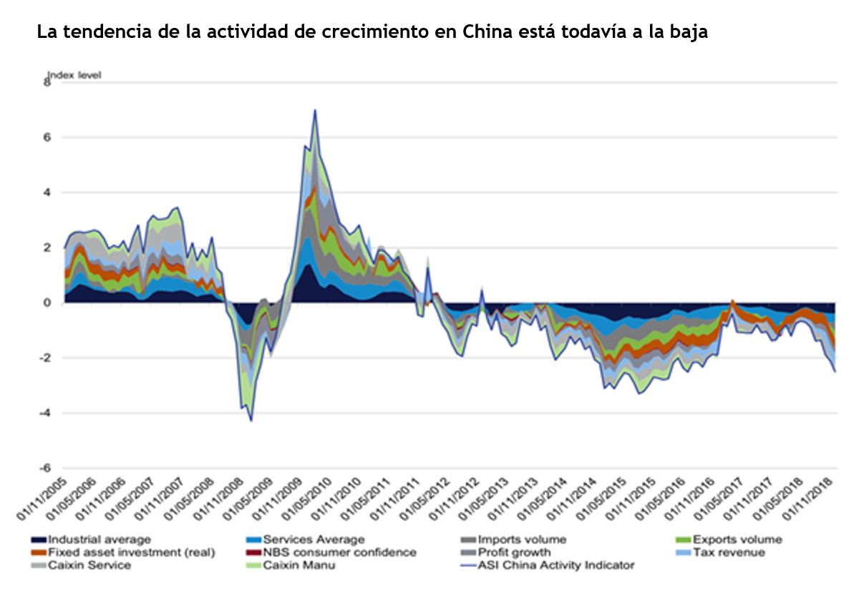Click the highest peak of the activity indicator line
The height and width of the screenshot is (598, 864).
[315, 110]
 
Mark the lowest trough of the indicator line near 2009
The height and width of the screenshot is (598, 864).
[251, 420]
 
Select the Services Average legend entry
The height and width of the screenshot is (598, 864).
[314, 539]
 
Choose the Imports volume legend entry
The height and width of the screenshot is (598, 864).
[521, 539]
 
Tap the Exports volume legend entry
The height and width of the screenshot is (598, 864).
[737, 539]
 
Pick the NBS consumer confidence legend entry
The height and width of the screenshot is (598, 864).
[339, 552]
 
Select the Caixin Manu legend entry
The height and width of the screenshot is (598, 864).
[298, 565]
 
